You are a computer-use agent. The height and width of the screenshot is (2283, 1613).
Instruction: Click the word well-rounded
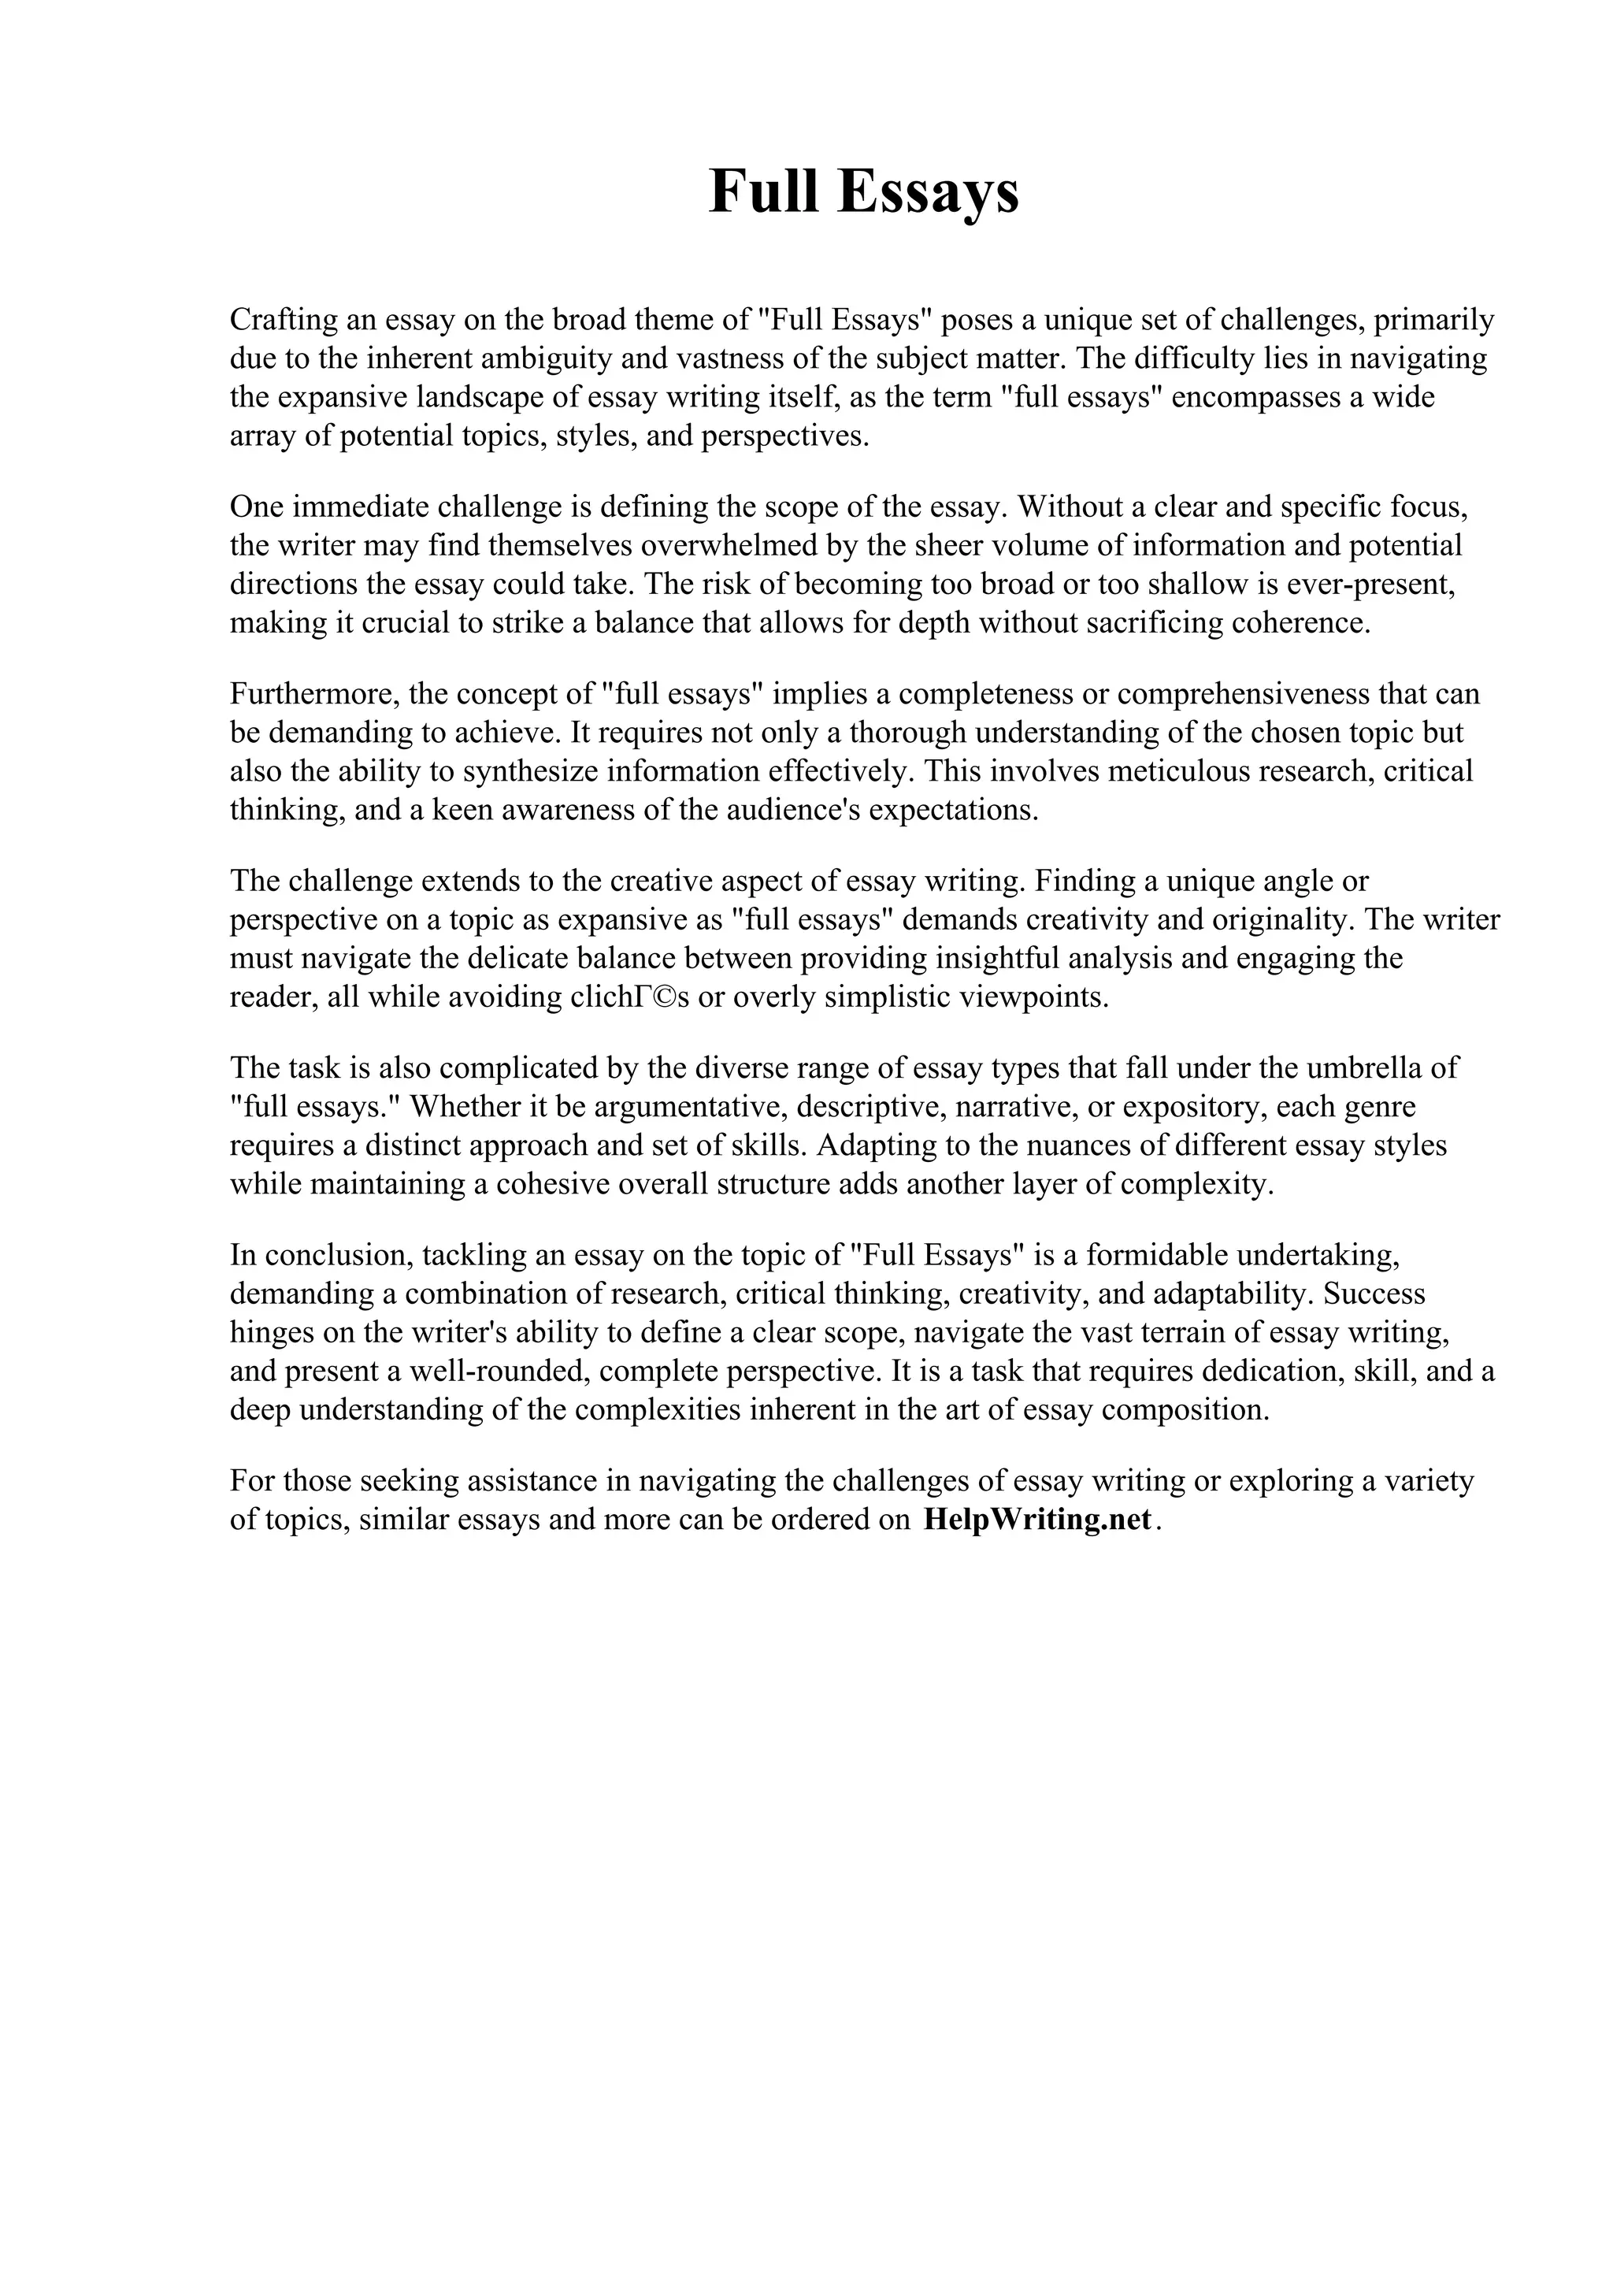[483, 1372]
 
